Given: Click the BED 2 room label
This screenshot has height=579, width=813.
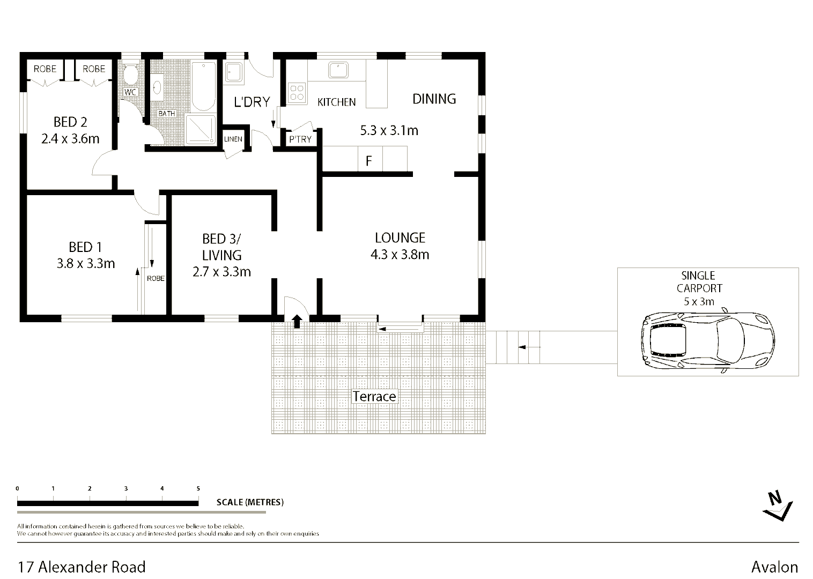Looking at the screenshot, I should (70, 122).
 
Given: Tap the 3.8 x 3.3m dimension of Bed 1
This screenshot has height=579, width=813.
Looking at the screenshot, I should (86, 264).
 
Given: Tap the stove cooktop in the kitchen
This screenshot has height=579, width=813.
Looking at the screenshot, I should (297, 93).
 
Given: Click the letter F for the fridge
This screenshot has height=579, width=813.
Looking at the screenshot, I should (369, 161).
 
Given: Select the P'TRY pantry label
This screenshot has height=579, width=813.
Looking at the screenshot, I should (300, 139).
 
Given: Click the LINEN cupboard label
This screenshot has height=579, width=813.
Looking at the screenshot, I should (233, 139).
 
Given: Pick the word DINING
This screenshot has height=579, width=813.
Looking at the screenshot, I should (434, 99).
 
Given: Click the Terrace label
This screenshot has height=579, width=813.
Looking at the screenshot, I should (374, 397).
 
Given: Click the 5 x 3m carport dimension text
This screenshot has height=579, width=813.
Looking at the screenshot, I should (699, 301).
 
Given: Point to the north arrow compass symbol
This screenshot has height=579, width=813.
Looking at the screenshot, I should (778, 506).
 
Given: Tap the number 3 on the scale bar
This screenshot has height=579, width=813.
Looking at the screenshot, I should (126, 488).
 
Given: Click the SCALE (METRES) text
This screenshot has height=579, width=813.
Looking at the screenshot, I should (250, 502).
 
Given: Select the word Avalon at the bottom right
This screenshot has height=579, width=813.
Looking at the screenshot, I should (774, 567).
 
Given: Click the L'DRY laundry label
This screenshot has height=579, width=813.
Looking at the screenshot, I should (252, 102).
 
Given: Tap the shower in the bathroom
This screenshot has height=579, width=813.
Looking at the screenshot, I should (201, 129).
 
